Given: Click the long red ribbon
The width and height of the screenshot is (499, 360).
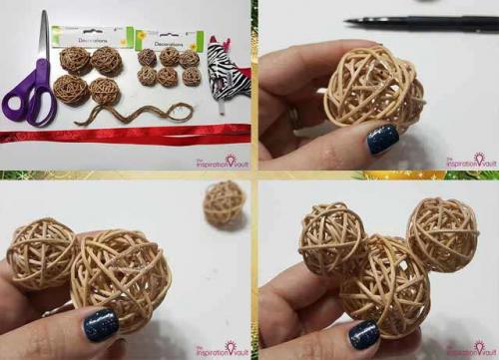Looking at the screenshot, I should click(x=120, y=134).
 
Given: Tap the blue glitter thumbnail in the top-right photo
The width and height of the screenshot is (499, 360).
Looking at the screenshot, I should click(x=382, y=139).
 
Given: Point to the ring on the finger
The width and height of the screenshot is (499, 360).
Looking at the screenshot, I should click(x=294, y=117).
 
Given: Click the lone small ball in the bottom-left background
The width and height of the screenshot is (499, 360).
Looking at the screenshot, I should click(x=225, y=202).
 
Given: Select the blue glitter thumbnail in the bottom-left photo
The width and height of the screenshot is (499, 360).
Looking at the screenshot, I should click(x=100, y=323).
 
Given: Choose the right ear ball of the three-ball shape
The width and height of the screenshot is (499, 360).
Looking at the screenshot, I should click(x=442, y=232).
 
